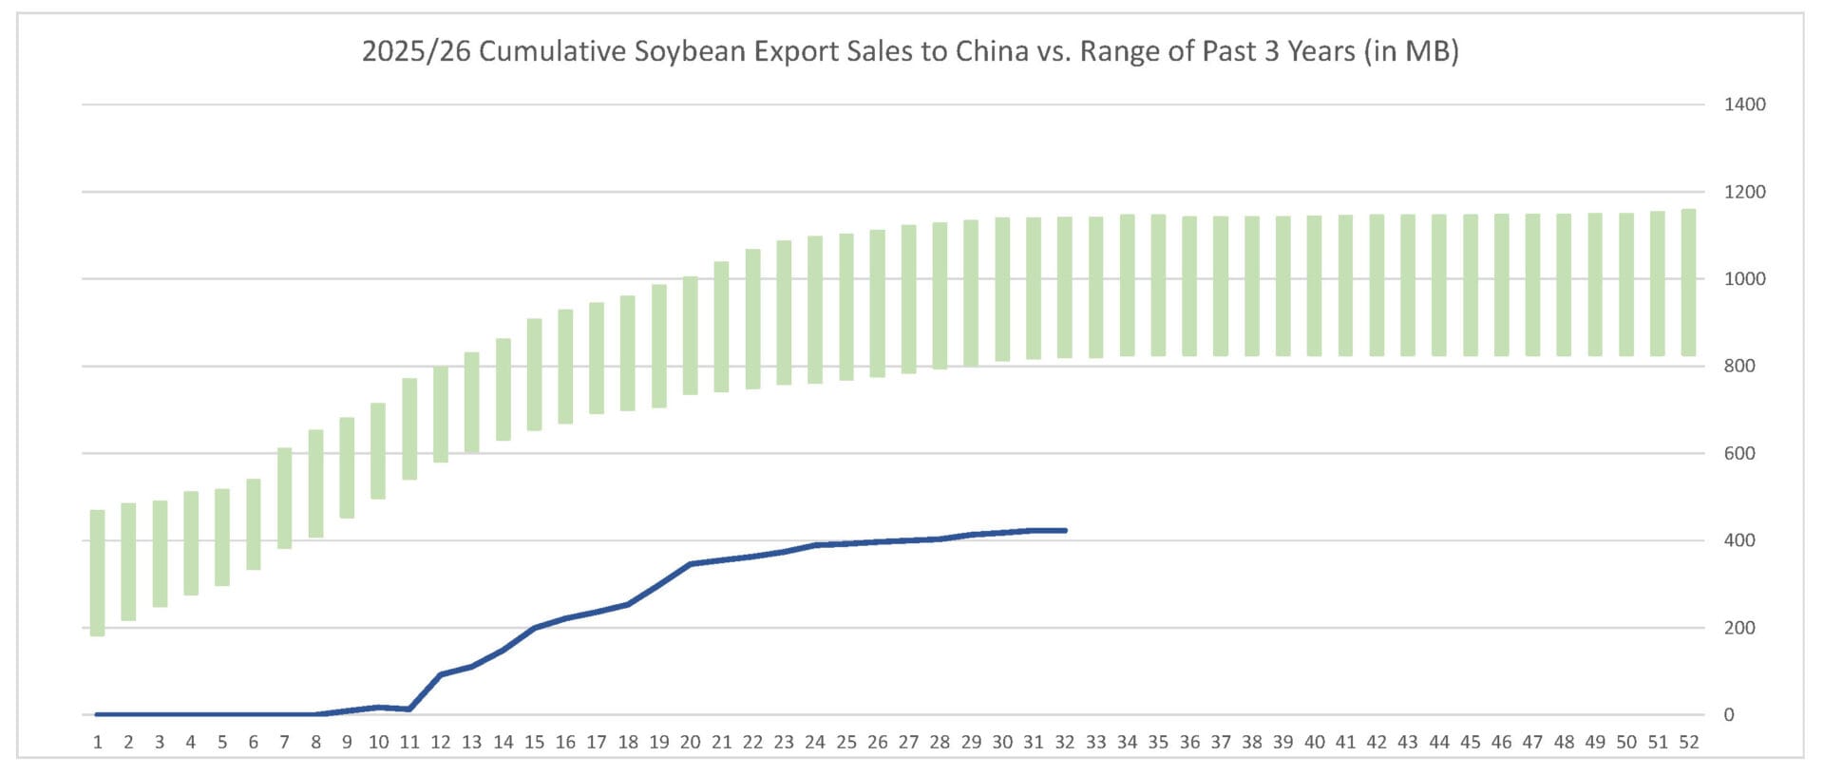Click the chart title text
pyautogui.click(x=910, y=50)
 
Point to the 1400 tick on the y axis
pyautogui.click(x=1744, y=104)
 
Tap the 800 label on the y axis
pyautogui.click(x=1739, y=366)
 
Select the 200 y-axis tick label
pyautogui.click(x=1739, y=628)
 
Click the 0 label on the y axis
pyautogui.click(x=1729, y=715)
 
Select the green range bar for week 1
pyautogui.click(x=97, y=573)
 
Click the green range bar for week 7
pyautogui.click(x=284, y=498)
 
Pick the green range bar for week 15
pyautogui.click(x=534, y=374)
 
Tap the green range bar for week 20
pyautogui.click(x=691, y=335)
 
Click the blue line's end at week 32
pyautogui.click(x=1065, y=530)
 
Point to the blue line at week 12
pyautogui.click(x=440, y=674)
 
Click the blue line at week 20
pyautogui.click(x=691, y=564)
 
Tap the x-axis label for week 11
pyautogui.click(x=409, y=742)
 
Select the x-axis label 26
pyautogui.click(x=878, y=742)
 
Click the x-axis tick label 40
pyautogui.click(x=1315, y=742)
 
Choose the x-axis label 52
pyautogui.click(x=1688, y=742)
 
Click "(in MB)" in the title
pyautogui.click(x=1411, y=50)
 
